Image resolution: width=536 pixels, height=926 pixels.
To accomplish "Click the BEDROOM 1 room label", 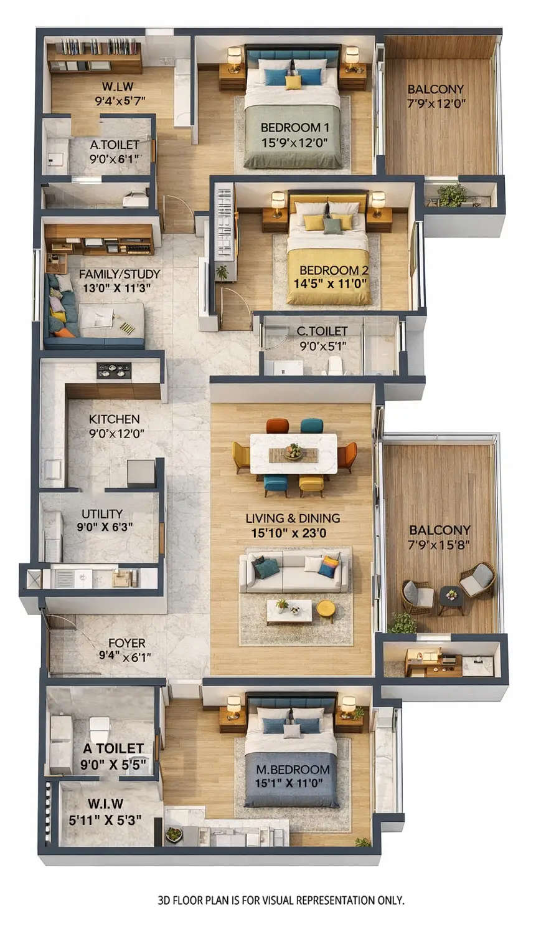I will [x=295, y=128].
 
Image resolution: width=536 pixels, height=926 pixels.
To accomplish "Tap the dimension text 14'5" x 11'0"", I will [x=330, y=283].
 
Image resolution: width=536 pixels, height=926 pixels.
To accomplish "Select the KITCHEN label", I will [x=114, y=419].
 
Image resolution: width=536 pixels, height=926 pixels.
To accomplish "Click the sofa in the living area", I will [x=294, y=572].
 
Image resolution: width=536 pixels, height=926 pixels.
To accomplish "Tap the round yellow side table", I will [x=325, y=608].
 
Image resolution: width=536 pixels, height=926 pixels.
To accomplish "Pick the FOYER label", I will [x=126, y=642].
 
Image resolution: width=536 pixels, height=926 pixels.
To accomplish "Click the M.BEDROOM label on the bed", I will [x=293, y=770].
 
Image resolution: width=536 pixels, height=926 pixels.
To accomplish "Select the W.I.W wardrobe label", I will [x=105, y=804].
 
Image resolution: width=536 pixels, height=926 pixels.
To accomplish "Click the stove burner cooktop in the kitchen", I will [x=114, y=370].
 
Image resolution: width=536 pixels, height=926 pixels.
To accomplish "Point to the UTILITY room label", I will [x=102, y=513].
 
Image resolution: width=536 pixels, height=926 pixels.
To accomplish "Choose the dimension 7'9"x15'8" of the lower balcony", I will [x=440, y=544].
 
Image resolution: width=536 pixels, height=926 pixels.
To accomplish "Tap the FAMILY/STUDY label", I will [x=120, y=274].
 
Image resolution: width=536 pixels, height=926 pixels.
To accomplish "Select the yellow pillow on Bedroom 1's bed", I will [x=293, y=82].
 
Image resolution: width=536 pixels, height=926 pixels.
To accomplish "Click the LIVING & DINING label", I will [x=293, y=518].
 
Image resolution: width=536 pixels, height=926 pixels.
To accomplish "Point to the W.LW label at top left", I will [x=117, y=87].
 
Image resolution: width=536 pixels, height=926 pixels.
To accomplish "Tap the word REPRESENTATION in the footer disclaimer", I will [x=336, y=900].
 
